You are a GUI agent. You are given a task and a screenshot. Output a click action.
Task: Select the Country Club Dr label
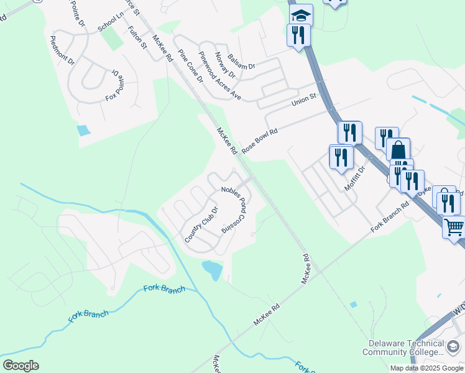click(201, 224)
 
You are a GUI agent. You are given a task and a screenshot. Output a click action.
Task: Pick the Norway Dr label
click(225, 65)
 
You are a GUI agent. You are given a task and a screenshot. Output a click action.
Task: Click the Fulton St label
click(137, 37)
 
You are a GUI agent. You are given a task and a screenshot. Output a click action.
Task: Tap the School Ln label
click(111, 23)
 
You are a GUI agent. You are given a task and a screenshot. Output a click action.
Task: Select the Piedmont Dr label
click(62, 50)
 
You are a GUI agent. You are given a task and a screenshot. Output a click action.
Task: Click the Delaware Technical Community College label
click(405, 348)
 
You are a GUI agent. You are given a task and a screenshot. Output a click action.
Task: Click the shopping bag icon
click(398, 150)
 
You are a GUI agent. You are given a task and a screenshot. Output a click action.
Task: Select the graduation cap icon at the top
click(302, 14)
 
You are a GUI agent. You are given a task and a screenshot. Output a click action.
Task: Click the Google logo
click(21, 366)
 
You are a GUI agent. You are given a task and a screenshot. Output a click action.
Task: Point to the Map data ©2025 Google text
click(426, 368)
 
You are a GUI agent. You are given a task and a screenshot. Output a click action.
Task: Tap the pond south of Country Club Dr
click(212, 270)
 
